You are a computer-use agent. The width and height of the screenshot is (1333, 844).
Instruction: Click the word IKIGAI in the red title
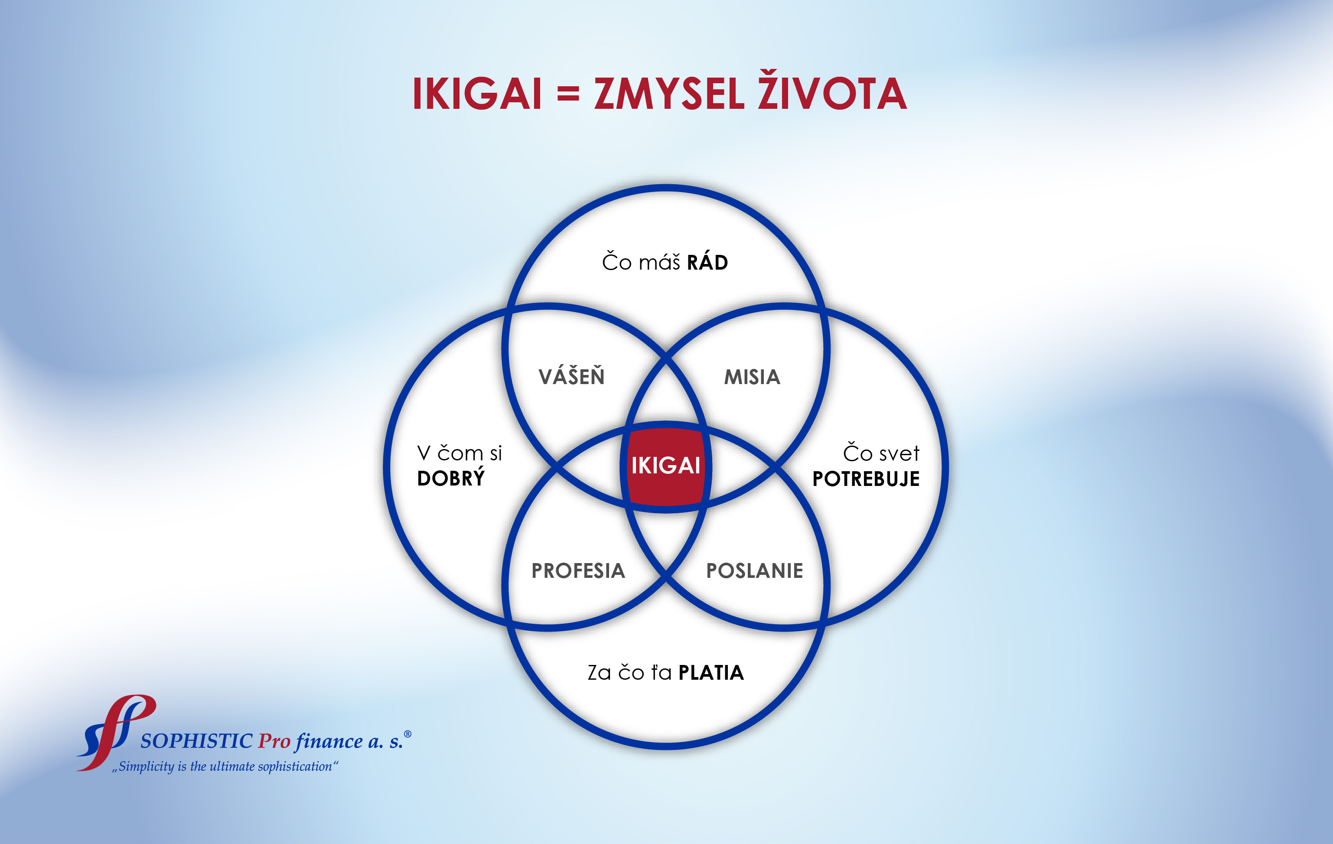click(477, 94)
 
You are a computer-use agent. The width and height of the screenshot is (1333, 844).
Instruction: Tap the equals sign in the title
click(568, 95)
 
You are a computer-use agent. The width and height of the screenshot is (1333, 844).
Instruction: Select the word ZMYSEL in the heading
click(669, 94)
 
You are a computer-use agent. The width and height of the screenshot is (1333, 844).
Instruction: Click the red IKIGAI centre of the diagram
click(666, 466)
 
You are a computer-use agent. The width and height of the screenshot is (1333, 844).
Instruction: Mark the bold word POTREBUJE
click(866, 479)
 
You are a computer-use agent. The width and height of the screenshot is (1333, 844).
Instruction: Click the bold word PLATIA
click(711, 673)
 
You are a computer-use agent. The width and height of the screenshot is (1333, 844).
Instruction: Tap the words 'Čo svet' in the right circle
click(881, 452)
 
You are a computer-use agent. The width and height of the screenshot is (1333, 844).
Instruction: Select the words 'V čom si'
click(460, 453)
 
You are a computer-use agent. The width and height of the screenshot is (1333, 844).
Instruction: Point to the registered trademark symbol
click(408, 734)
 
